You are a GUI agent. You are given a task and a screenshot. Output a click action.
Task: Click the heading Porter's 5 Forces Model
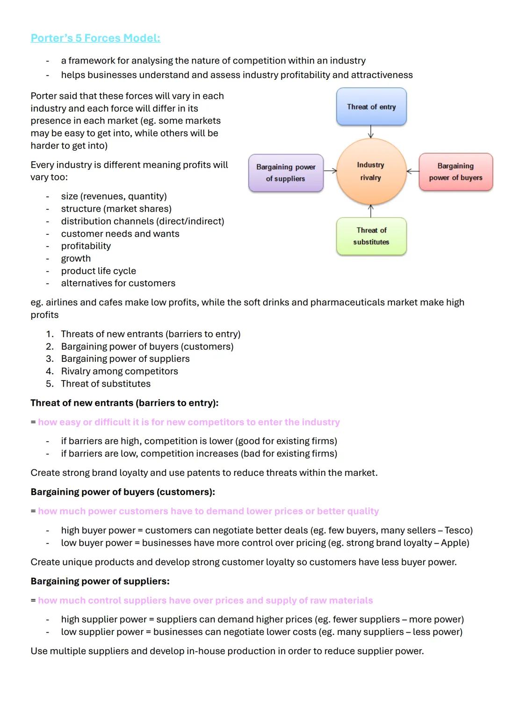click(x=95, y=38)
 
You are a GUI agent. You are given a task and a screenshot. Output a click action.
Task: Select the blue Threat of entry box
click(x=371, y=107)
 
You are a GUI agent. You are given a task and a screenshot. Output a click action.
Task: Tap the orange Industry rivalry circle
click(x=371, y=171)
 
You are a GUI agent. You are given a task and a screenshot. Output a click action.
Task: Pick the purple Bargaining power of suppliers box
click(x=286, y=173)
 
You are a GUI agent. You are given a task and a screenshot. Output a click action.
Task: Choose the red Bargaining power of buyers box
click(x=455, y=172)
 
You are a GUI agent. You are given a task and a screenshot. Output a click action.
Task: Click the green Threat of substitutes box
click(x=371, y=236)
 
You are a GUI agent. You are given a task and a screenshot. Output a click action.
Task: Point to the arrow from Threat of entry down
click(x=371, y=132)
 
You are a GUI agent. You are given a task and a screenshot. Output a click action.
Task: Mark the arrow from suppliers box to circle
click(x=330, y=171)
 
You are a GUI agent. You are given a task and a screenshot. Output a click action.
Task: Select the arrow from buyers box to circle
click(x=412, y=171)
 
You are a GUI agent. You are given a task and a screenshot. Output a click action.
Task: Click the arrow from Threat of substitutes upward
click(x=371, y=211)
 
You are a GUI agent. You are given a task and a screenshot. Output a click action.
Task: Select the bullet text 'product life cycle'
click(x=99, y=271)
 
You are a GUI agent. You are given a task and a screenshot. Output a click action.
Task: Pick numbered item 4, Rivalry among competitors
click(x=119, y=371)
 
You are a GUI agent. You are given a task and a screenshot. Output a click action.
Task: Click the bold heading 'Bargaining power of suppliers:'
click(x=100, y=581)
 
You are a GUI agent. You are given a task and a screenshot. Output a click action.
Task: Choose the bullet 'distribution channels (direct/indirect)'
click(x=143, y=221)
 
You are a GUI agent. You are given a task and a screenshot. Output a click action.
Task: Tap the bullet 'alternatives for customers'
click(x=118, y=283)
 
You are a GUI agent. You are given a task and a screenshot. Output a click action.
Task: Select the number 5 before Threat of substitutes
click(x=49, y=384)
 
